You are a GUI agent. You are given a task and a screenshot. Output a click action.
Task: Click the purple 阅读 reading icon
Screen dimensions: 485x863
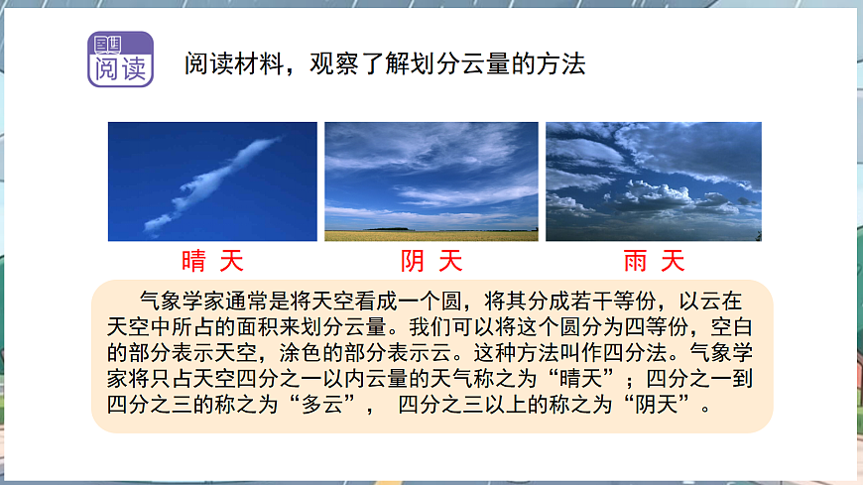[x=121, y=60]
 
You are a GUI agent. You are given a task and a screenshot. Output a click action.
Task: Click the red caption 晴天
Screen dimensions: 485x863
[x=212, y=261]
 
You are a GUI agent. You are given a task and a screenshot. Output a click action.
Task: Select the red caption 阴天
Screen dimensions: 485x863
[x=431, y=261]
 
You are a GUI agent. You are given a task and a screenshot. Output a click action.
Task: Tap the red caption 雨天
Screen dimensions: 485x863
[x=654, y=261]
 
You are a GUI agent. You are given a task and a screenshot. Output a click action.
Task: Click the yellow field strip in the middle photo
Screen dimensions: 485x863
[x=431, y=235]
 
